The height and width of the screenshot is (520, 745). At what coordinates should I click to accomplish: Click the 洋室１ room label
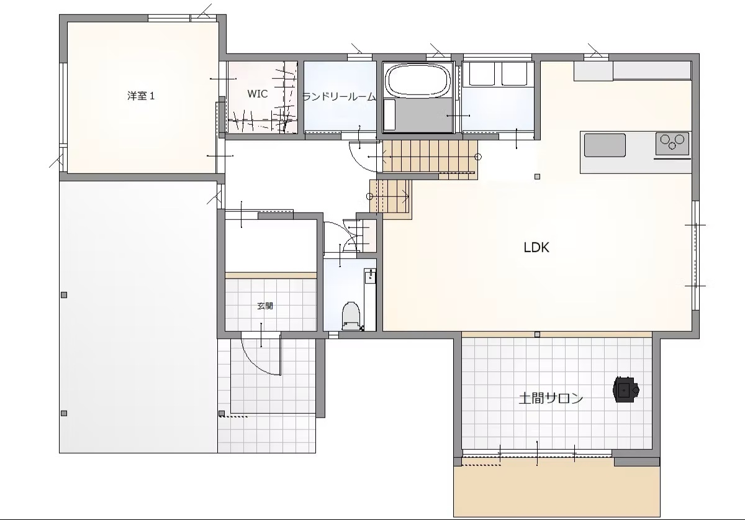pos(141,96)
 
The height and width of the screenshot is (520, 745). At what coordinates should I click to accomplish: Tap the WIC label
pos(258,94)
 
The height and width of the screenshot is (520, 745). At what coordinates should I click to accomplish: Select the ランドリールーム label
pos(339,97)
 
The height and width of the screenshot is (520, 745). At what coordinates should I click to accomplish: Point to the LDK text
pos(536,247)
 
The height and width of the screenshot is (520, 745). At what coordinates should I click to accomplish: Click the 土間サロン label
pos(551,398)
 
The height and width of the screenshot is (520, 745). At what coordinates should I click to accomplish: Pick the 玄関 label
pos(265,306)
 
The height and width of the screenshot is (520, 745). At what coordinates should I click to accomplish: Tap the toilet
pos(351,316)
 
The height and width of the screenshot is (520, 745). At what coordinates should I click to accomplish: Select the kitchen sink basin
pos(605,145)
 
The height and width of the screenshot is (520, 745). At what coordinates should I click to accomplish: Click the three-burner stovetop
pos(672,144)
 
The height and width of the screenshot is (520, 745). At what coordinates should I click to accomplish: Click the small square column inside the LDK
pos(537,177)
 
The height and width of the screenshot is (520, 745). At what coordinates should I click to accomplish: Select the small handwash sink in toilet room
pos(370,276)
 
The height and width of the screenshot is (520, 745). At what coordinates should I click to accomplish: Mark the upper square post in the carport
pos(64,295)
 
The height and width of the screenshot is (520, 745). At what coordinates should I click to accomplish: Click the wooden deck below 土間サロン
pos(557,491)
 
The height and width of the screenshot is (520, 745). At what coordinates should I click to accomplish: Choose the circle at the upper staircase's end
pos(478,157)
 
